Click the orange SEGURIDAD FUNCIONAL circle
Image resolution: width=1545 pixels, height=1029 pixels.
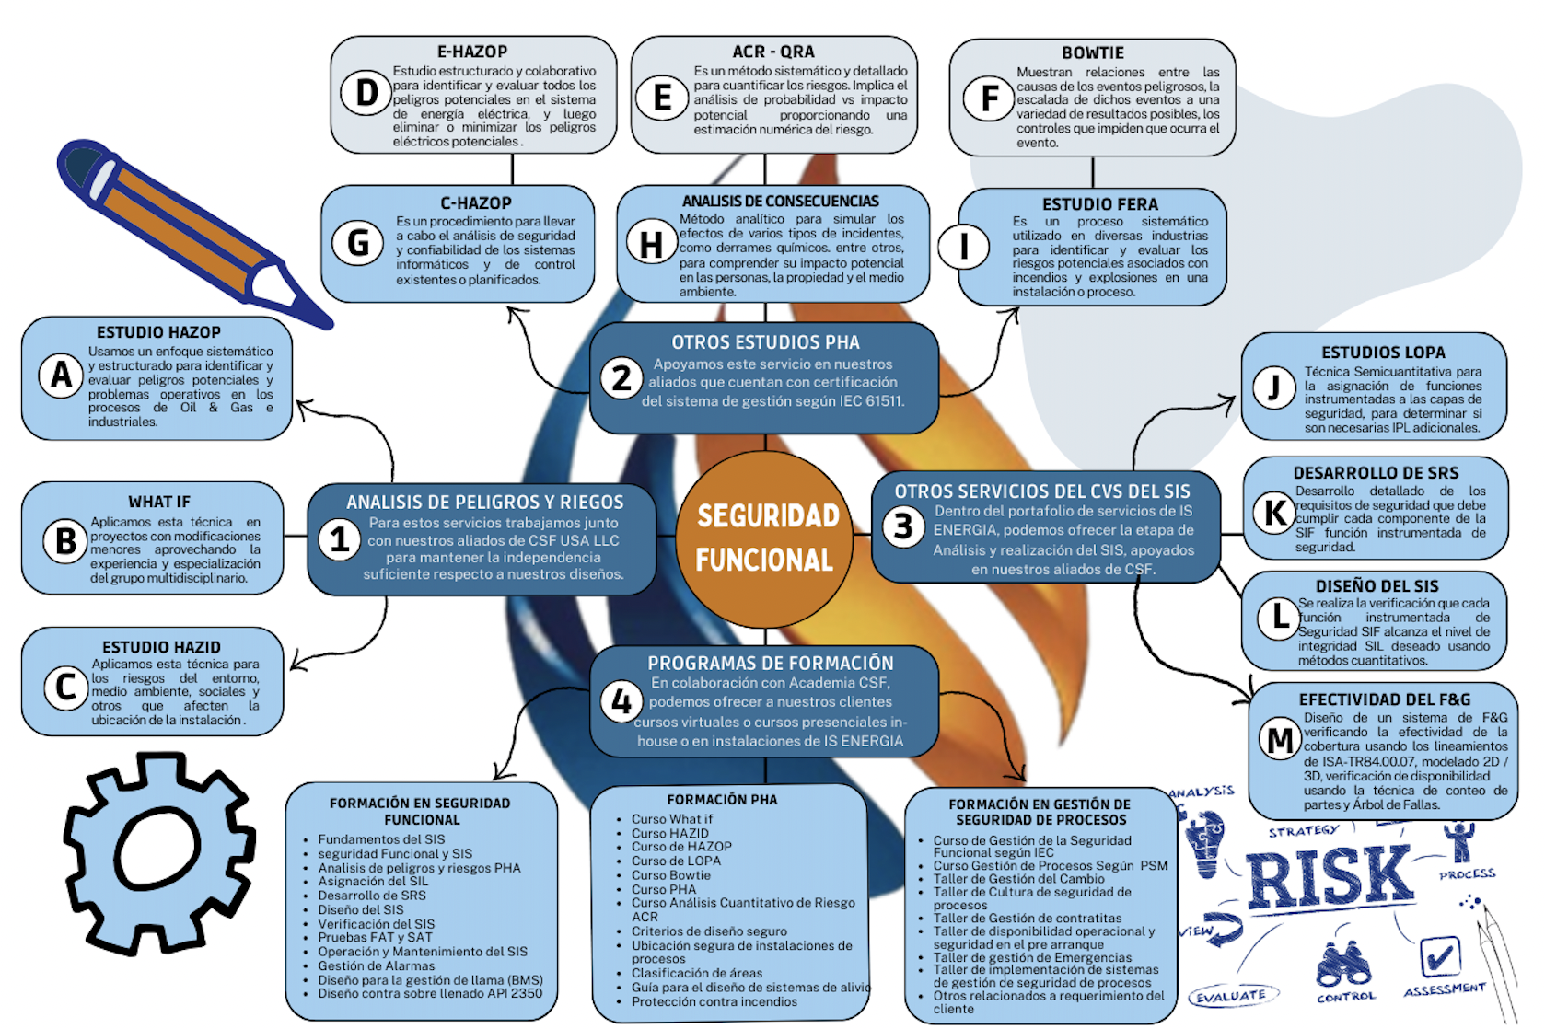[x=764, y=538]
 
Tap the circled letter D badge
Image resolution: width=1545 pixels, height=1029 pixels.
[x=366, y=92]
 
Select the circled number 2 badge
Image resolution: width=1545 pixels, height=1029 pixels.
[x=621, y=378]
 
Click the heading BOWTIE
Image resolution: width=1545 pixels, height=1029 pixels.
[x=1093, y=53]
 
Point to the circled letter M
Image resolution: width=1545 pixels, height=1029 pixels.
[x=1280, y=739]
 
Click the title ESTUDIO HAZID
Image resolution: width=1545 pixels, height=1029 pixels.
[x=161, y=647]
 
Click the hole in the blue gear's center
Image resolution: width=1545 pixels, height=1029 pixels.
[x=157, y=850]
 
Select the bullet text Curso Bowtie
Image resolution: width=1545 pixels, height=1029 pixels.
[x=670, y=874]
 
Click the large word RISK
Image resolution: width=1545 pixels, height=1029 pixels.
[x=1330, y=877]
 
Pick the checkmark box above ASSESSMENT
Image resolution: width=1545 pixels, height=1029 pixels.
[x=1439, y=956]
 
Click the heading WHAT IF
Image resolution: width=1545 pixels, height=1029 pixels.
[x=159, y=502]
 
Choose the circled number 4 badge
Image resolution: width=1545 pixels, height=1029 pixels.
[x=621, y=701]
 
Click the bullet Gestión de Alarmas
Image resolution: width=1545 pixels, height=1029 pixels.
[x=376, y=965]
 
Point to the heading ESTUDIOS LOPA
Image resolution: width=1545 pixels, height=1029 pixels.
[x=1383, y=353]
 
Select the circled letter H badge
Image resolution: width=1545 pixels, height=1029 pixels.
[x=650, y=244]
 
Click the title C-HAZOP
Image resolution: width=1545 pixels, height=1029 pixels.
[x=476, y=203]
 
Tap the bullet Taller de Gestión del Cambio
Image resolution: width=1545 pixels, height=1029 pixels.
[x=1018, y=879]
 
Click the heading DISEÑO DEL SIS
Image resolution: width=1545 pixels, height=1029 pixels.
[x=1377, y=586]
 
